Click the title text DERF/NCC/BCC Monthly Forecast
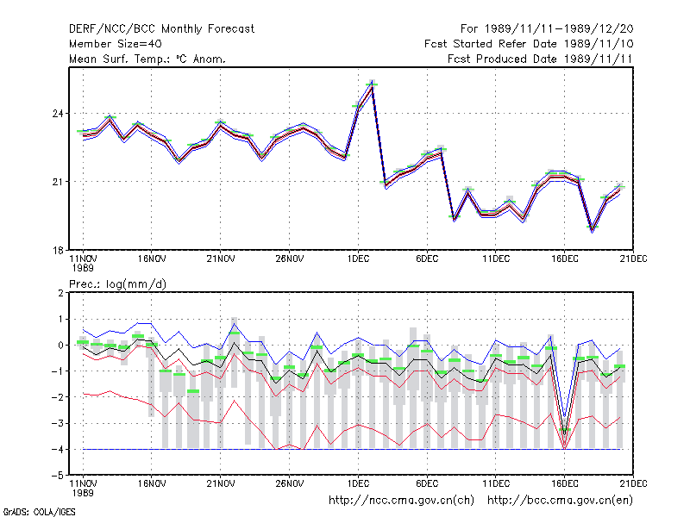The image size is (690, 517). point(161,29)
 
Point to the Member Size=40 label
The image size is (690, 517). point(116,44)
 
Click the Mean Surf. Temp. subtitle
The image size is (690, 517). point(147,59)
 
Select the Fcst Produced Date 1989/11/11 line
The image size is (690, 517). point(540,59)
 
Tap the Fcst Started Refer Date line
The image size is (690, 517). point(529,44)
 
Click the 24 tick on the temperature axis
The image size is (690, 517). point(58,114)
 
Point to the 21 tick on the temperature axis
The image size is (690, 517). point(58,182)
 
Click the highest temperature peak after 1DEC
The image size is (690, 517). point(373,82)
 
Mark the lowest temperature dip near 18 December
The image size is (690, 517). point(592,230)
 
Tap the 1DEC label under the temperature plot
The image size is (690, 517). point(358,259)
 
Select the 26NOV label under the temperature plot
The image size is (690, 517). point(289,259)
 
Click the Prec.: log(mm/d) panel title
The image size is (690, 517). point(117,284)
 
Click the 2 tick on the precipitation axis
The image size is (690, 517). point(60,293)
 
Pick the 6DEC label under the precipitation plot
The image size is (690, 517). point(427,483)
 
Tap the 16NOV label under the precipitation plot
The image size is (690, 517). point(152,483)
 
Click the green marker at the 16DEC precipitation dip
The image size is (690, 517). point(565,429)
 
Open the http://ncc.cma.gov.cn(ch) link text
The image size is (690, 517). point(401,501)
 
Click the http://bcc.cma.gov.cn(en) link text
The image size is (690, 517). point(560,501)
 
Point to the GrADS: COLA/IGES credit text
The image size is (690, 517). point(39,512)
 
